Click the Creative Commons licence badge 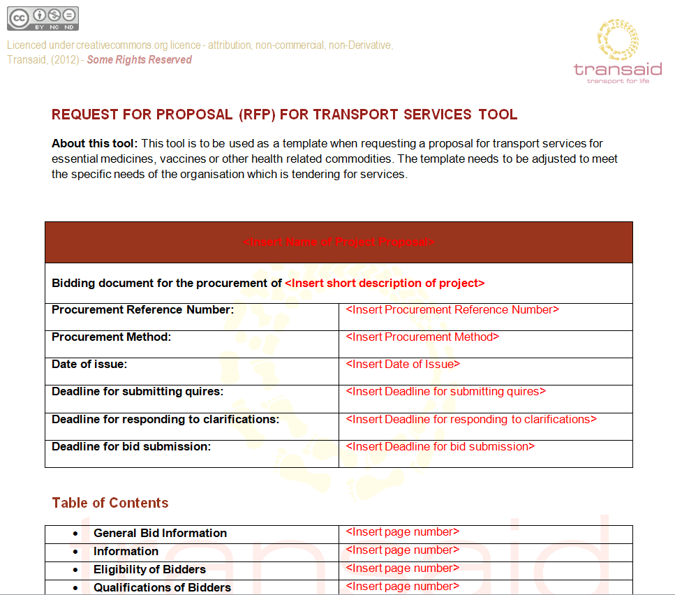(x=43, y=18)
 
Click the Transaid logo (x=617, y=52)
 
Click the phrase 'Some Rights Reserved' (x=139, y=60)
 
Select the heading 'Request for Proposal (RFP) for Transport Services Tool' (x=285, y=115)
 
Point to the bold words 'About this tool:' (x=95, y=144)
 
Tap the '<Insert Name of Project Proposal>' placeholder (x=339, y=242)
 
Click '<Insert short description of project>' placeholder (x=385, y=284)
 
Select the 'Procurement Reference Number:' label (x=142, y=310)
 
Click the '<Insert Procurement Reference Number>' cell (x=452, y=310)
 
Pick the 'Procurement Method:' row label (x=111, y=337)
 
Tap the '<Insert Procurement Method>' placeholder (x=422, y=337)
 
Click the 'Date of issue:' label (x=89, y=365)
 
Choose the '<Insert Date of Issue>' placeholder (x=403, y=365)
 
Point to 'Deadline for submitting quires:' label (x=138, y=392)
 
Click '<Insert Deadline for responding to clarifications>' (x=471, y=420)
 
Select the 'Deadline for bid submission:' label (x=131, y=447)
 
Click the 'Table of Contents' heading (x=110, y=504)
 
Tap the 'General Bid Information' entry (x=160, y=534)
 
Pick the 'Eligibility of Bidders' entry (x=149, y=570)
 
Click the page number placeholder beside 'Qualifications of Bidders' (x=403, y=587)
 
